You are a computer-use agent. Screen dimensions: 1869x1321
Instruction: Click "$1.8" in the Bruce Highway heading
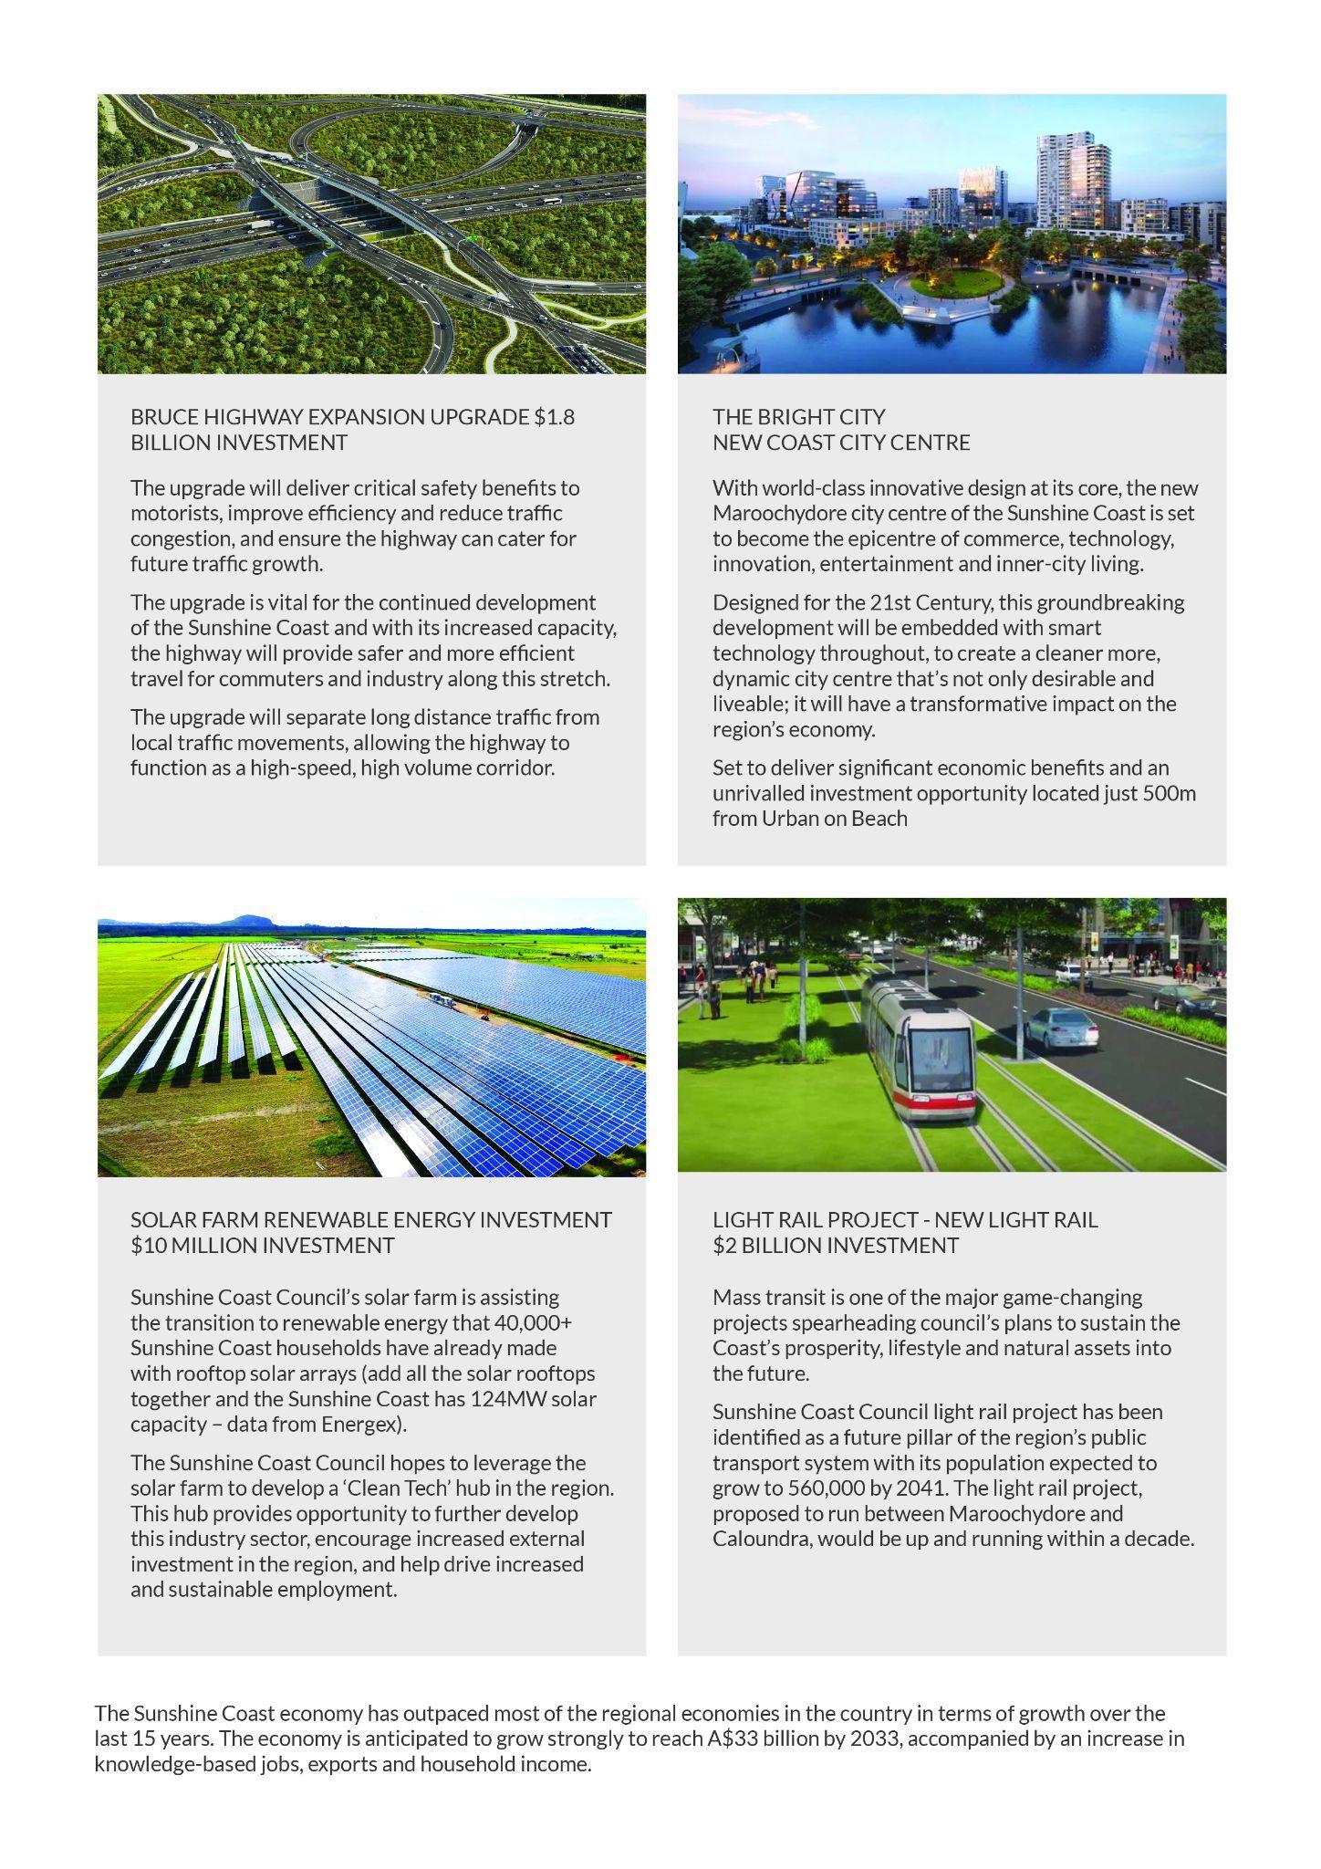tap(554, 417)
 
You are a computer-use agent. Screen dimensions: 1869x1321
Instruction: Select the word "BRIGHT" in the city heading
tap(799, 417)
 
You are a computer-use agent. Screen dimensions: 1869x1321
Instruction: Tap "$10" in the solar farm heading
tap(151, 1246)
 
